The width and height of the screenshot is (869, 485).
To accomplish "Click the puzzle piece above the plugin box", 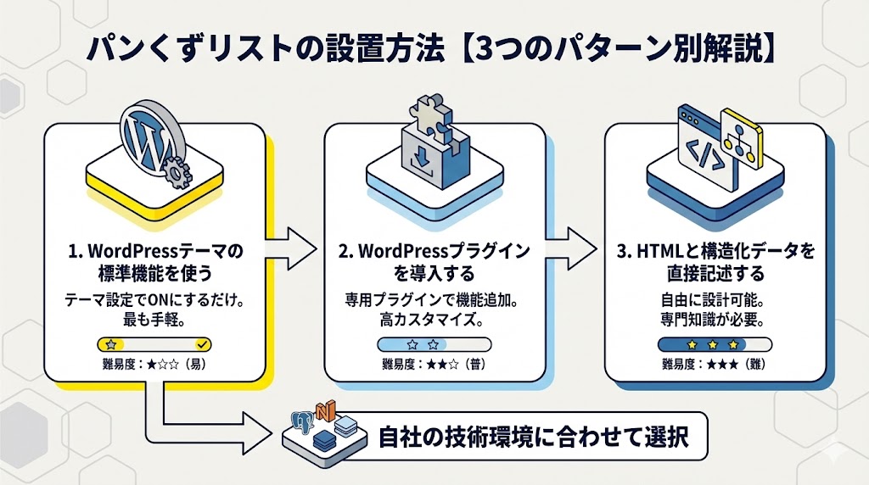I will [433, 114].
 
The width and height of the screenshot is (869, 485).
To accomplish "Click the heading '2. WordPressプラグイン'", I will [434, 252].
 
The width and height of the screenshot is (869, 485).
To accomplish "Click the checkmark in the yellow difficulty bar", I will [201, 344].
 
